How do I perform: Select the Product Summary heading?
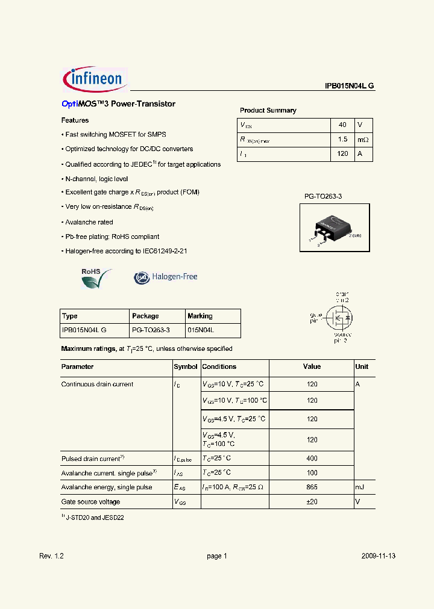click(x=268, y=111)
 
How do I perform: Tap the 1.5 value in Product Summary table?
click(x=342, y=140)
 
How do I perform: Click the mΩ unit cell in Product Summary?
click(x=362, y=140)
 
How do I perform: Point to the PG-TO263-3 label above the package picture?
click(x=323, y=197)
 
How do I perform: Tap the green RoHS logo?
click(x=96, y=278)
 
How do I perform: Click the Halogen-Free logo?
click(x=166, y=277)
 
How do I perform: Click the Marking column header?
click(x=200, y=316)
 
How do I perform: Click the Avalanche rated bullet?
click(x=89, y=222)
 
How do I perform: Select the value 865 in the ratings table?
click(x=312, y=487)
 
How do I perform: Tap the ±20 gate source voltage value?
click(x=312, y=502)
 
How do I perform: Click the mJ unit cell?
click(x=360, y=487)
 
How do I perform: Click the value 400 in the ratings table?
click(x=312, y=459)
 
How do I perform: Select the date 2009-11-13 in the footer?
click(x=379, y=556)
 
